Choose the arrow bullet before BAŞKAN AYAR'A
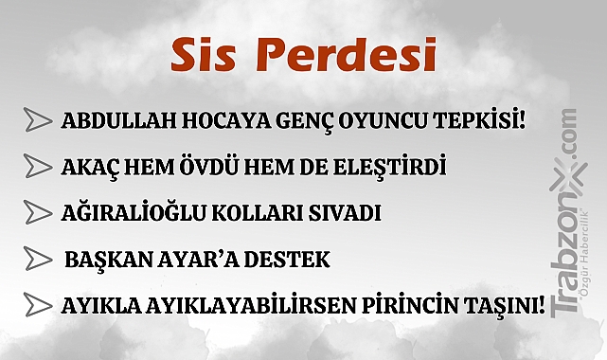click(x=39, y=259)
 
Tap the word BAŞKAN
click(x=104, y=260)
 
